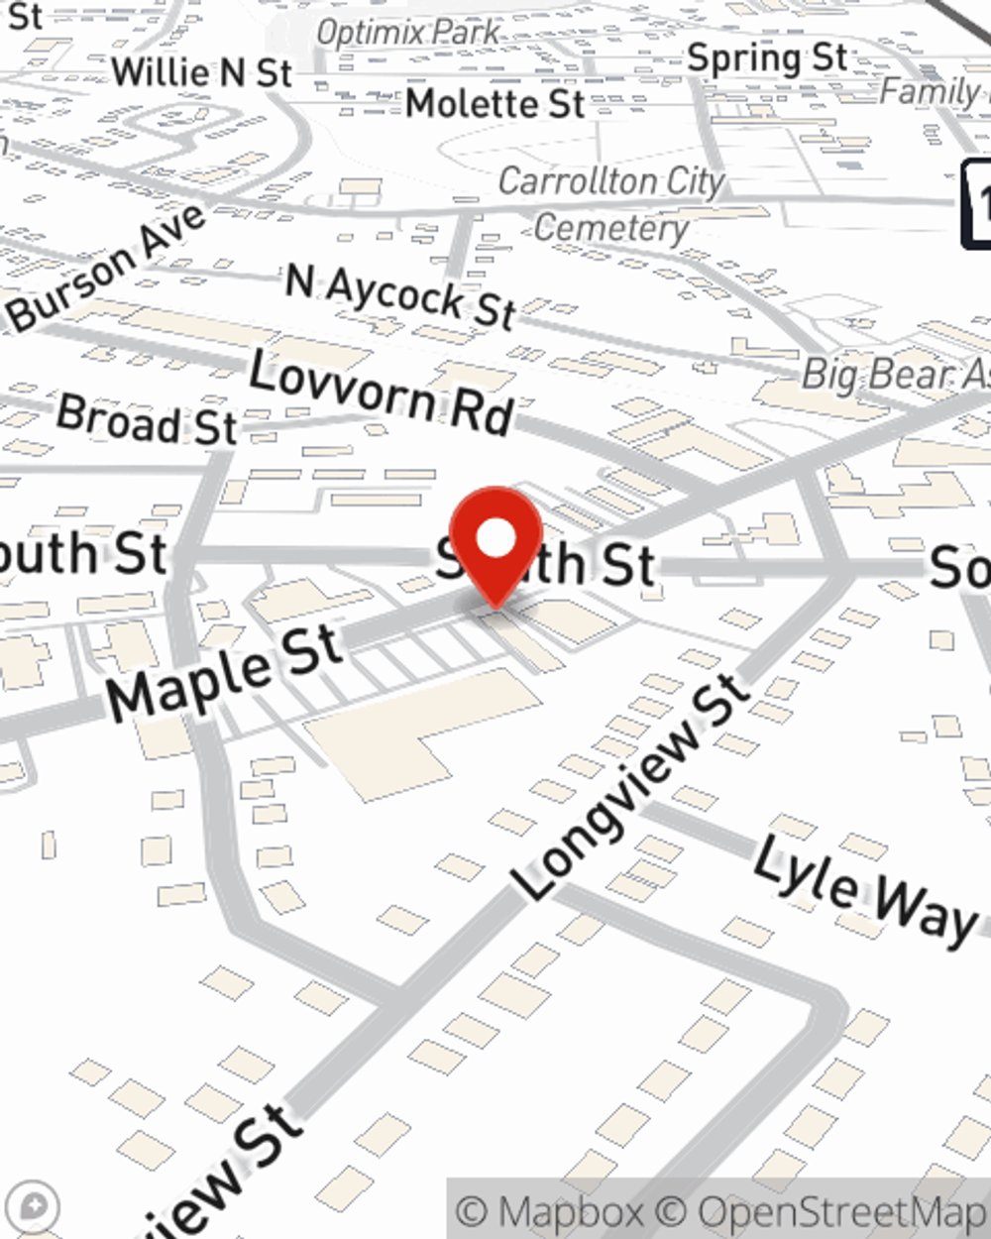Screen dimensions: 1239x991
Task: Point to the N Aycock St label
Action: tap(401, 294)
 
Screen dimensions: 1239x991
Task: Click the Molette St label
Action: tap(495, 103)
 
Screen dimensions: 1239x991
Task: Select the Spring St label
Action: tap(768, 58)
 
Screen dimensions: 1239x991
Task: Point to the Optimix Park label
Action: tap(408, 32)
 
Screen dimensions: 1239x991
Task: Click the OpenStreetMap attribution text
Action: tap(842, 1211)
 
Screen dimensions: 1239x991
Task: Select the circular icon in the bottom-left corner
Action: tap(38, 1207)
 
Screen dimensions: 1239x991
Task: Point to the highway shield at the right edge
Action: tap(977, 203)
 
